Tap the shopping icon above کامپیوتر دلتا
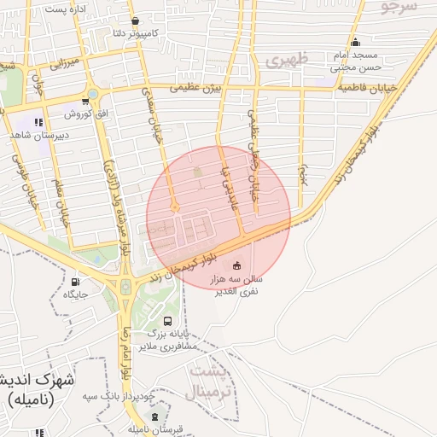(135, 20)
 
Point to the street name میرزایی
(63, 62)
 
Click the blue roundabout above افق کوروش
(91, 95)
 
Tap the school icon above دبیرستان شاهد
(38, 121)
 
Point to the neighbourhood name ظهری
(284, 60)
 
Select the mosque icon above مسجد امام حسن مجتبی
(356, 43)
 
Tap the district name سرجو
(399, 7)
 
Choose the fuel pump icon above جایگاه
(75, 281)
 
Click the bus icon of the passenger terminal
(167, 322)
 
